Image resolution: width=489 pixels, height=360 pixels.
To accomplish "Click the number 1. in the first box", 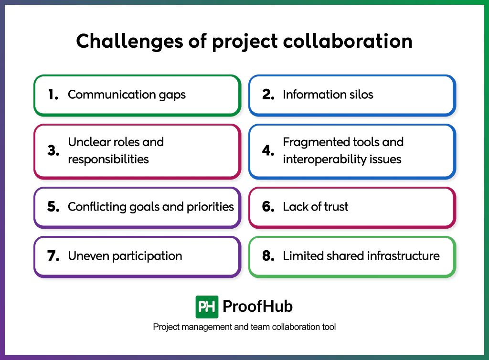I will point(53,95).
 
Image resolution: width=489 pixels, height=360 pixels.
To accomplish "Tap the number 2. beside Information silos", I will point(268,95).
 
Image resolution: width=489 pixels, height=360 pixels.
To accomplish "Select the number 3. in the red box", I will point(53,151).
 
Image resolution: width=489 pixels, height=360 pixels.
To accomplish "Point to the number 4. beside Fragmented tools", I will point(268,151).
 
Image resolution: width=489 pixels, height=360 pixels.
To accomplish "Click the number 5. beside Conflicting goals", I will point(53,207).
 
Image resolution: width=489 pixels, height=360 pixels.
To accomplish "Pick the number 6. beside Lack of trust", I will point(268,207).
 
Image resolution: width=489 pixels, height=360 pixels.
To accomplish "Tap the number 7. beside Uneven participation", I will point(53,256).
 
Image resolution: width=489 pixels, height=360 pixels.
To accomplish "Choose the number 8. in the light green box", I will point(268,256).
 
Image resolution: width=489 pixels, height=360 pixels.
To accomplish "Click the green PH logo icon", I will point(207,307).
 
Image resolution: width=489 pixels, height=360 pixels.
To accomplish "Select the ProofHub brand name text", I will point(258,307).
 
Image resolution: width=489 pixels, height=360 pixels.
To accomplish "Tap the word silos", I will point(361,95).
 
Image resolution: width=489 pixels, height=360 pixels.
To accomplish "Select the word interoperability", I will point(324,159).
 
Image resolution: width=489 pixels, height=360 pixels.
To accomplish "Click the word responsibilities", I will point(108,159).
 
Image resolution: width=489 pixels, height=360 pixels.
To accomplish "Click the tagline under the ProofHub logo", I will point(244,327).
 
